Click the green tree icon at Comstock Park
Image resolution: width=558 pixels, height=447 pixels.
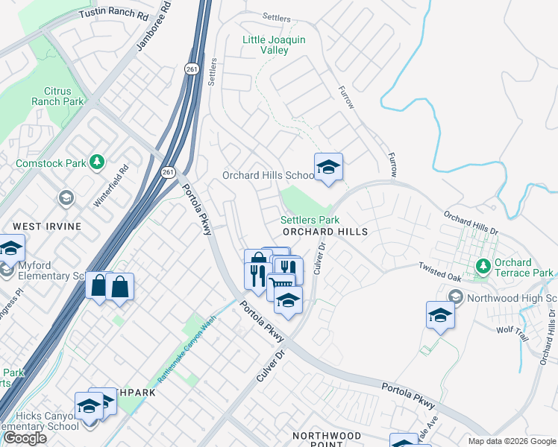click(96, 161)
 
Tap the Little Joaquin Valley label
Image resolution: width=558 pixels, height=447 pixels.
click(265, 45)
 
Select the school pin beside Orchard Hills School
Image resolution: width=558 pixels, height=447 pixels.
click(327, 168)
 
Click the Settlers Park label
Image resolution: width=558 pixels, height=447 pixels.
click(310, 220)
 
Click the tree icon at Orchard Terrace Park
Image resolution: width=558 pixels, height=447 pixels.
click(483, 265)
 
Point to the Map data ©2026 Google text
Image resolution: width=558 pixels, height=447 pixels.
click(511, 441)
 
